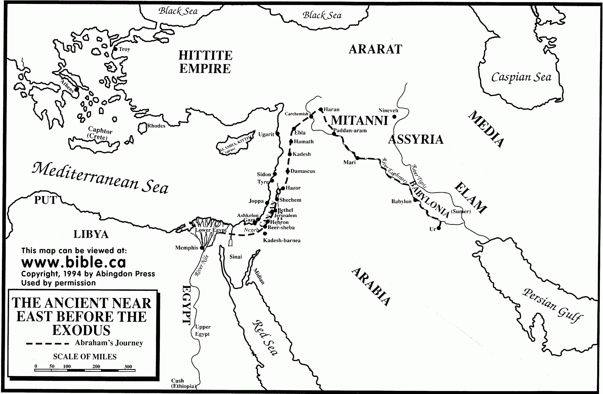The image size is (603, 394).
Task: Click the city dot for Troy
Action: [x=115, y=49]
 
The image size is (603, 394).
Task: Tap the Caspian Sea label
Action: [x=521, y=77]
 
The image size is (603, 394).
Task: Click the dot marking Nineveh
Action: [x=395, y=117]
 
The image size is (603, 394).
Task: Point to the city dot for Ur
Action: [x=439, y=228]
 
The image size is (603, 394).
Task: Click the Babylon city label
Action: [x=401, y=202]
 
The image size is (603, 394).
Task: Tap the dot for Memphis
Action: [x=202, y=248]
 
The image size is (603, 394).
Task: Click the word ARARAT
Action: [x=375, y=49]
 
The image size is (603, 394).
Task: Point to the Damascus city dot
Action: [x=288, y=171]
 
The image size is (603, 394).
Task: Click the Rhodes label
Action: [x=156, y=126]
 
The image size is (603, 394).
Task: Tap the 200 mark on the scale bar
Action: [x=96, y=366]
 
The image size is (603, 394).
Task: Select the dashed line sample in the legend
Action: [x=47, y=344]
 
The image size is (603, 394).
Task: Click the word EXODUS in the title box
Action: [x=81, y=330]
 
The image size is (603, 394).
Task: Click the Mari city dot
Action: [x=357, y=158]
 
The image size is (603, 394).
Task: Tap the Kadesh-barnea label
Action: [x=282, y=240]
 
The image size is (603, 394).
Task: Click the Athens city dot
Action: [x=76, y=90]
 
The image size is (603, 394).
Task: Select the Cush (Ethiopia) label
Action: [x=183, y=383]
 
